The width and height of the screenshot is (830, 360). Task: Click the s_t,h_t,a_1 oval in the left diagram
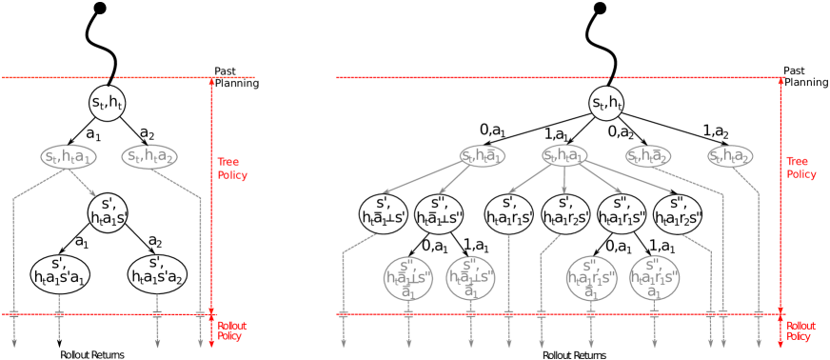coord(69,156)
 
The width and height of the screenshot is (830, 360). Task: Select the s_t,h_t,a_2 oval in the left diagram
coord(150,156)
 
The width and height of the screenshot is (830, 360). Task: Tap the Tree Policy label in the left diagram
coord(231,169)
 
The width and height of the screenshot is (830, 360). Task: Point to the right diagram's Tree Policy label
coord(800,169)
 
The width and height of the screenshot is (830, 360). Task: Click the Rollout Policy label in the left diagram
coord(232,330)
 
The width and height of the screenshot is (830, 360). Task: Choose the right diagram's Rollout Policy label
coord(800,330)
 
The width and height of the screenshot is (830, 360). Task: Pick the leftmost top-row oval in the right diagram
coord(482,155)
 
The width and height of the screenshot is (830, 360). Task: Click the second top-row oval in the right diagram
coord(564,155)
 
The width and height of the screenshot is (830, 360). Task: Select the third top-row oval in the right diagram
coord(648,155)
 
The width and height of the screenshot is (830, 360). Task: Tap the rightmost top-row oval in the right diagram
coord(730,155)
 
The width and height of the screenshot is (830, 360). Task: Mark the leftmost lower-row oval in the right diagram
coord(408,277)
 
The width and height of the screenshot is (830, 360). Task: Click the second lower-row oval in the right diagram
coord(470,277)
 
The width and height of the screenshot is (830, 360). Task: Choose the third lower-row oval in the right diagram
coord(591,277)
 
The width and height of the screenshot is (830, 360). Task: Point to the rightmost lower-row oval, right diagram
coord(654,277)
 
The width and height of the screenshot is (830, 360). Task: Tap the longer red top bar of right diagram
coord(472,77)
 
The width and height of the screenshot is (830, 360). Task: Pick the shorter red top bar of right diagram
coord(700,77)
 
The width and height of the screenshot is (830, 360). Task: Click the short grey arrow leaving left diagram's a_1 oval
coord(83,183)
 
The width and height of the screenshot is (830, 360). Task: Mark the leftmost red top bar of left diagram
coord(55,77)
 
